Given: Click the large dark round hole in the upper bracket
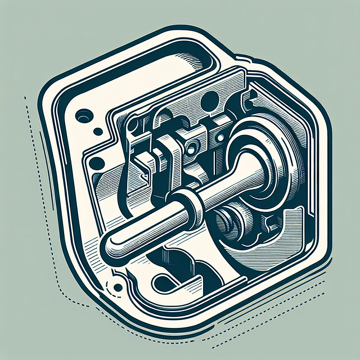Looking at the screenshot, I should [210, 101].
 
